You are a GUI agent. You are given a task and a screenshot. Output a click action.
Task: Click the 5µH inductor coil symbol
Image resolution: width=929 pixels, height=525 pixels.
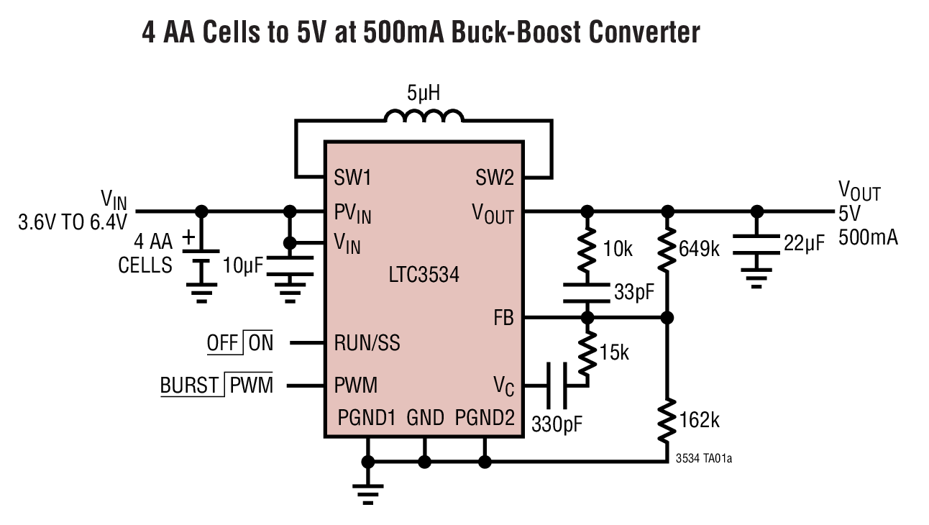[424, 116]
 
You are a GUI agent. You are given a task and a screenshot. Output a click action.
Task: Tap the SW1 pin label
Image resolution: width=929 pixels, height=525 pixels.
[353, 178]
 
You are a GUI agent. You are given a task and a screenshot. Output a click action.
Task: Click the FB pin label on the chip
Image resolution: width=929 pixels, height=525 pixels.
[503, 317]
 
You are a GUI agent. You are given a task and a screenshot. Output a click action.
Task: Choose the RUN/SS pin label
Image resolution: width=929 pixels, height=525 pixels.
[367, 343]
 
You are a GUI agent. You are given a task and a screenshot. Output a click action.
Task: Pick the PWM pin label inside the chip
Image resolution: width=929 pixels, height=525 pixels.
[355, 385]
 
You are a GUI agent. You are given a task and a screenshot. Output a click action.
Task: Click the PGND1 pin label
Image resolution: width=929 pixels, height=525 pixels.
[367, 418]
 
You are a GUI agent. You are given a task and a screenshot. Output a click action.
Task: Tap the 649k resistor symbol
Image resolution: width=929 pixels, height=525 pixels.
[668, 249]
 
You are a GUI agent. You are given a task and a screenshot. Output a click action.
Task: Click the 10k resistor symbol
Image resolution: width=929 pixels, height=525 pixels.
[587, 249]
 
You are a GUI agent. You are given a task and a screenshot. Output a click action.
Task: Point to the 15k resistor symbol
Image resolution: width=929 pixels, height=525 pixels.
[587, 354]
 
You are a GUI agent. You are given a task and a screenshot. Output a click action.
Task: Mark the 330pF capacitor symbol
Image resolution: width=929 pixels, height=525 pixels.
[556, 385]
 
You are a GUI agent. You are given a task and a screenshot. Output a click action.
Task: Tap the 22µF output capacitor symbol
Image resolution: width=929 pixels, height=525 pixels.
[756, 245]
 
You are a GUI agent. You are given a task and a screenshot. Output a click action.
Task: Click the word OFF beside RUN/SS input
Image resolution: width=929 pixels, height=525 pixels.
[222, 344]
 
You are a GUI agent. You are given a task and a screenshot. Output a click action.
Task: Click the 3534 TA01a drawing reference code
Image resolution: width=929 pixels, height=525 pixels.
[704, 458]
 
